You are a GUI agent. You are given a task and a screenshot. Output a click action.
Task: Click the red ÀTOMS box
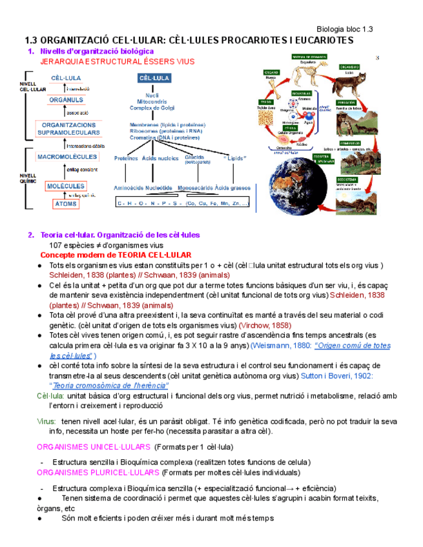coord(66,204)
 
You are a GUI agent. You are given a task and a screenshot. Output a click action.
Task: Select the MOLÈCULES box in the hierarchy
coord(66,186)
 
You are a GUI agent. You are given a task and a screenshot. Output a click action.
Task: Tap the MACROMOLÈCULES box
coord(67,157)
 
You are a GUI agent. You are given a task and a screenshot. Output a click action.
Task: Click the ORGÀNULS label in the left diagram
coord(66,100)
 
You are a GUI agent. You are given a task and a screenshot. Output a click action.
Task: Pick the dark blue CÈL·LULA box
coord(154,78)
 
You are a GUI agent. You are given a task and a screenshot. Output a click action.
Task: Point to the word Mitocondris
coord(152,101)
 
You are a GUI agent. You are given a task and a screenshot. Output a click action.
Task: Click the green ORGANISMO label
coord(349,66)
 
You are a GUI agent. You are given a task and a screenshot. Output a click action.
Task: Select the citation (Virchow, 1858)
coord(265,326)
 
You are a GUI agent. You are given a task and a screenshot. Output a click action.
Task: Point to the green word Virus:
coord(46,421)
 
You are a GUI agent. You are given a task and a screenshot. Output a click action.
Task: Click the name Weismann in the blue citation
coord(271,346)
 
